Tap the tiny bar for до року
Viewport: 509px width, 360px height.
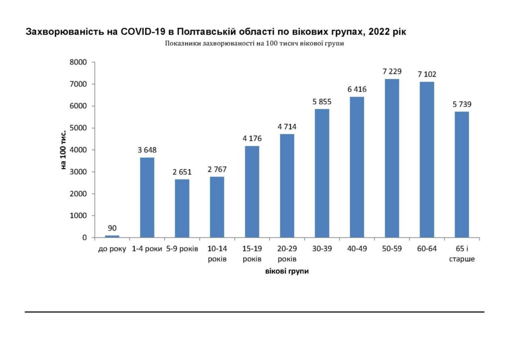tap(112, 236)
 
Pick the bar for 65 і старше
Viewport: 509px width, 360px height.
tap(462, 175)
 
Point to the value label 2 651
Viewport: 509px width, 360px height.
tap(182, 172)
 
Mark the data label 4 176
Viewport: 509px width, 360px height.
tap(252, 139)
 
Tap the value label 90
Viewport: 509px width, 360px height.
tap(112, 229)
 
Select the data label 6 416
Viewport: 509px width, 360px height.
tap(357, 90)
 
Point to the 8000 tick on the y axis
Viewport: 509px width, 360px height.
tap(78, 62)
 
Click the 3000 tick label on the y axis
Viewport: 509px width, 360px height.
tap(78, 172)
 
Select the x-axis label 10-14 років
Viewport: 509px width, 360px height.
tap(217, 253)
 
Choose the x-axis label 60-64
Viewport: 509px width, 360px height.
tap(426, 249)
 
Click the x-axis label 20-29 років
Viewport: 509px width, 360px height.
tap(287, 253)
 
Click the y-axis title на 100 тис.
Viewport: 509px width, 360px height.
tap(64, 150)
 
